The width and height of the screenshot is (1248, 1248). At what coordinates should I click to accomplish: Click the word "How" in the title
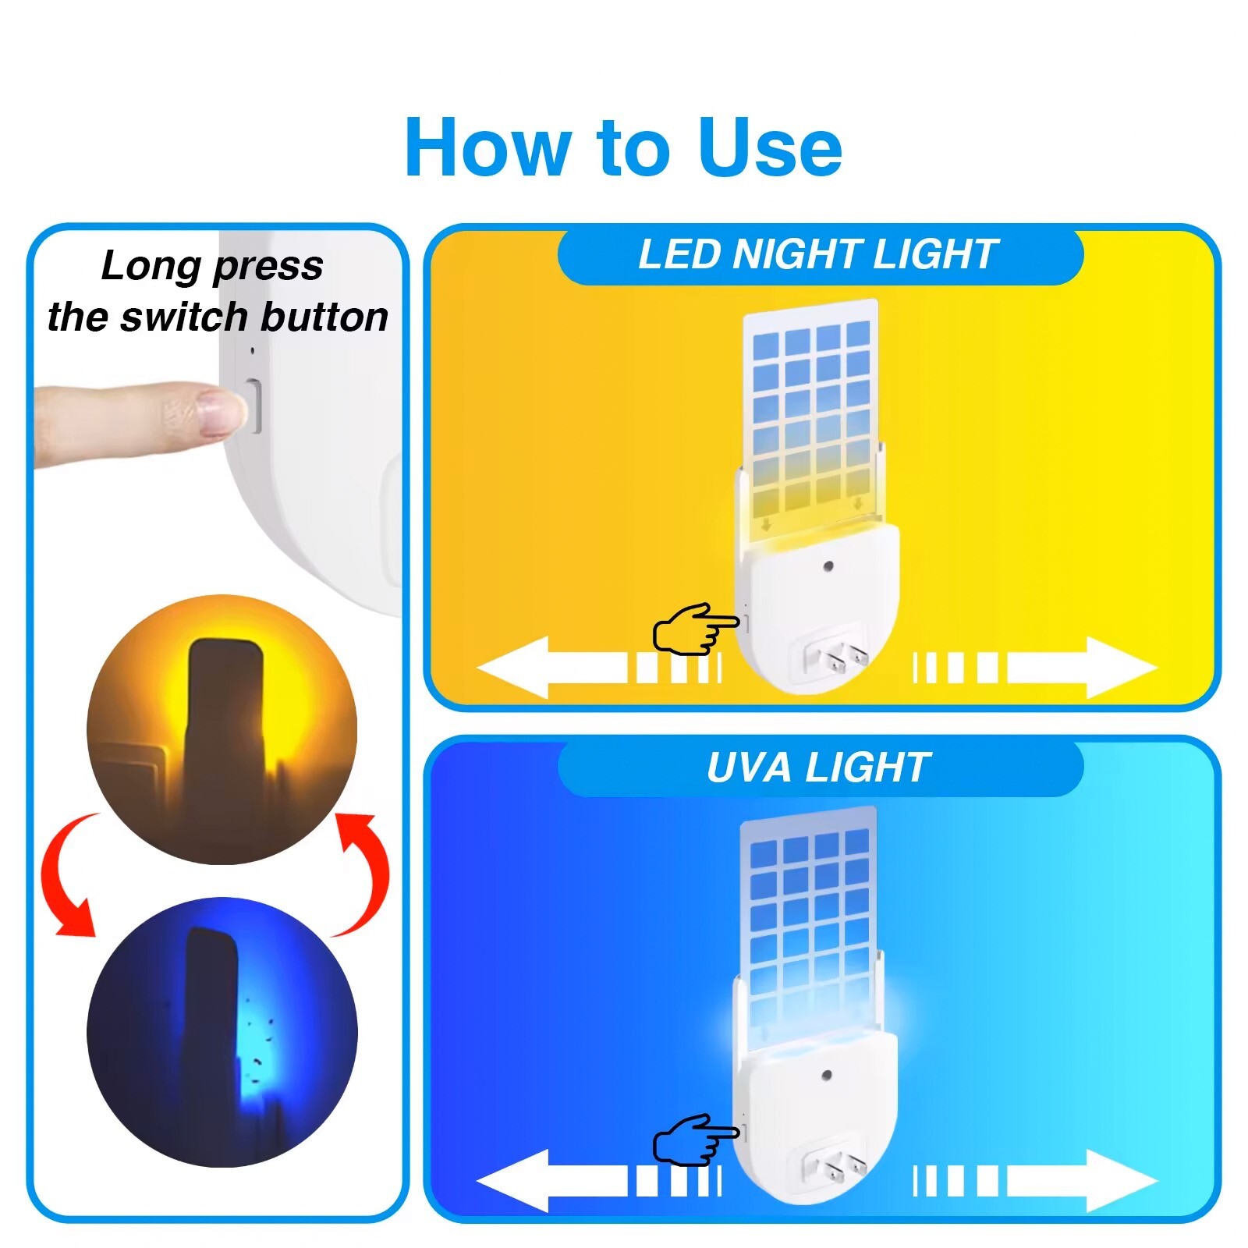click(x=488, y=148)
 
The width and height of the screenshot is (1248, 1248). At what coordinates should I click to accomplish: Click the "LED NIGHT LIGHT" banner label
click(x=818, y=254)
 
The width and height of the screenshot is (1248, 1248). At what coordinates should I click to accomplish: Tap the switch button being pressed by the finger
click(x=253, y=405)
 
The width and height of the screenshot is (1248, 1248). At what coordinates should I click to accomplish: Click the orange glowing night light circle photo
click(x=222, y=729)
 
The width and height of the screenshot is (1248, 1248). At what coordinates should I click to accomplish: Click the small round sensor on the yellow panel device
click(x=828, y=565)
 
